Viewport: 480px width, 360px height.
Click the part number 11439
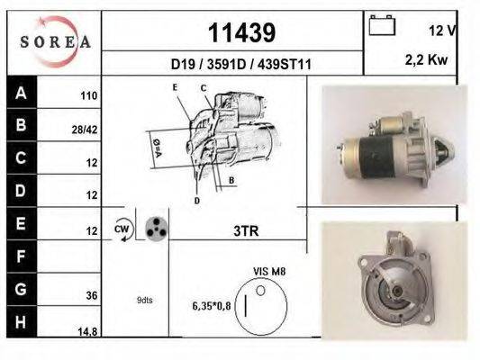240,33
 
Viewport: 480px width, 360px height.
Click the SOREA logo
55,40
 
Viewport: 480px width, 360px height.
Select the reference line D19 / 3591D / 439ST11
240,64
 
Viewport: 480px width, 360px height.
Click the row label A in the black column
21,93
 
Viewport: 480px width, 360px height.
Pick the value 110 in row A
88,94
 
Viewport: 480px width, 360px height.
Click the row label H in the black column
21,322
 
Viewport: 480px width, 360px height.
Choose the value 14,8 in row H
87,332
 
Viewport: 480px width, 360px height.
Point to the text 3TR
246,230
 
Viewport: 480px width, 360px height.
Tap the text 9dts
145,300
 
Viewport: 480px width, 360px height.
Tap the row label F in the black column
21,256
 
